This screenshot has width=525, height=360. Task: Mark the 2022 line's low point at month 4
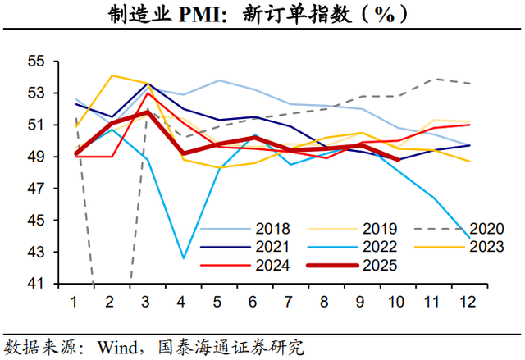(183, 258)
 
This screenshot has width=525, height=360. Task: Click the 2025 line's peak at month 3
(147, 112)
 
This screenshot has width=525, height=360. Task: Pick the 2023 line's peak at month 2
(111, 75)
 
